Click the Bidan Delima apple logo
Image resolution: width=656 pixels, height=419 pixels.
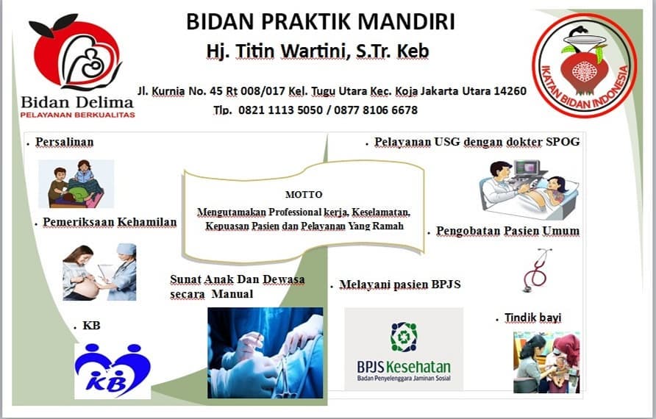coord(76,52)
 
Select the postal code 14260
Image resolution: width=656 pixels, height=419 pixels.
coord(510,90)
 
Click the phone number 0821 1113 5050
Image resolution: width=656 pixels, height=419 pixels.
coord(280,110)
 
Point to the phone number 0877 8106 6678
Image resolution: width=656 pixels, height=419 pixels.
coord(376,110)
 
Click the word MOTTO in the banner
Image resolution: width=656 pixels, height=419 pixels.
coord(304,195)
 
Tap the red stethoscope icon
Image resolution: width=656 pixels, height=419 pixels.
coord(537,270)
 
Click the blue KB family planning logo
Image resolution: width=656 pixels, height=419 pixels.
coord(113,370)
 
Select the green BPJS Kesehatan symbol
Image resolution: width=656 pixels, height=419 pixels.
coord(404,336)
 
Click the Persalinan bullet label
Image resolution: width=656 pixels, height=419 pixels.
coord(65,142)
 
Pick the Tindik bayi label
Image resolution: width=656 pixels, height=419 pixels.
coord(532,318)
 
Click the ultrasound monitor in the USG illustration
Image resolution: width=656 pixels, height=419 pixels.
coord(530,168)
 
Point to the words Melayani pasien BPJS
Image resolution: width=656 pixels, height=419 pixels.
coord(400,284)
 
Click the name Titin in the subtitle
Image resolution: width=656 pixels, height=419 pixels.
coord(254,51)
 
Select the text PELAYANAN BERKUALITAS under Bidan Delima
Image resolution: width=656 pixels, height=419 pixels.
coord(77,114)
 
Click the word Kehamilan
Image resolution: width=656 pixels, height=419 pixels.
coord(147,222)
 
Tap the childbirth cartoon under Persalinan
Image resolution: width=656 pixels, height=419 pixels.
coord(76,184)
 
